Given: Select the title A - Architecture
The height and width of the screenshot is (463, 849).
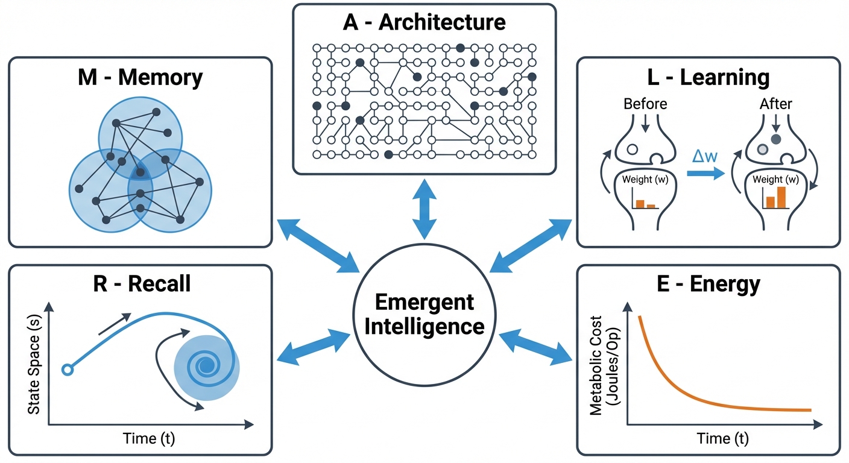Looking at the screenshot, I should (x=424, y=23).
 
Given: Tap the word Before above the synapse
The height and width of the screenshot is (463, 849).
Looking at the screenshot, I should (x=645, y=104).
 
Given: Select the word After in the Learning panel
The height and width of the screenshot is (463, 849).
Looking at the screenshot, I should (x=776, y=104).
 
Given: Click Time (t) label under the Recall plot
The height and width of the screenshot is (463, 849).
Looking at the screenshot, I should (x=148, y=438).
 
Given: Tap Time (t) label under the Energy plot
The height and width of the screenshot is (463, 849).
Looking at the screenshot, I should (x=723, y=438).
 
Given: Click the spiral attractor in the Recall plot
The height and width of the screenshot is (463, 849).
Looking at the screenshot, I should (x=206, y=365).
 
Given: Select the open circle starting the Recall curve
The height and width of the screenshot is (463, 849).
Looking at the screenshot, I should (x=67, y=370).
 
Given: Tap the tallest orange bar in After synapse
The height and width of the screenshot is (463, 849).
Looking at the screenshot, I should (x=782, y=197).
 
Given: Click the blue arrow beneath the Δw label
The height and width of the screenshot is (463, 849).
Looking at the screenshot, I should (x=704, y=174).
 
